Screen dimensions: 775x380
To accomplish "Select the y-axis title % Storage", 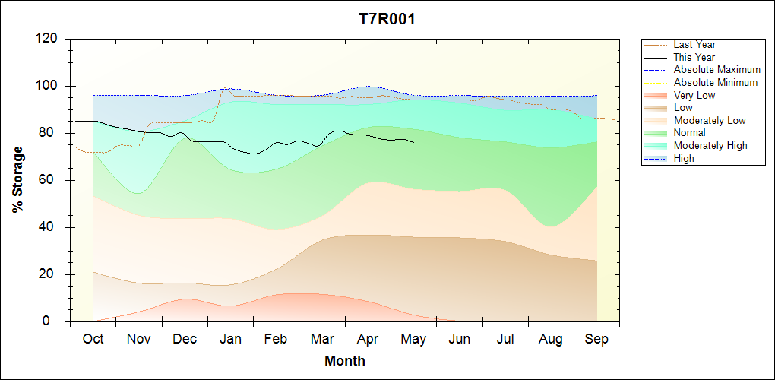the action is point(18,180).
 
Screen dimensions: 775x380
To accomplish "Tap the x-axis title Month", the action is point(345,361).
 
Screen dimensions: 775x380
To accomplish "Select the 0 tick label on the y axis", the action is point(54,321).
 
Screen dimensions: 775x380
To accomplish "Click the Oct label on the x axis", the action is point(93,340).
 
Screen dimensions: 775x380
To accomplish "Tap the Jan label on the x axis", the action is point(230,340).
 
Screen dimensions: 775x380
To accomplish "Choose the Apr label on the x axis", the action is point(368,340).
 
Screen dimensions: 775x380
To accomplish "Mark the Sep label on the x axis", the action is point(596,340).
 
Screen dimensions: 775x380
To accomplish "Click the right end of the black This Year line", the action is point(413,142).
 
